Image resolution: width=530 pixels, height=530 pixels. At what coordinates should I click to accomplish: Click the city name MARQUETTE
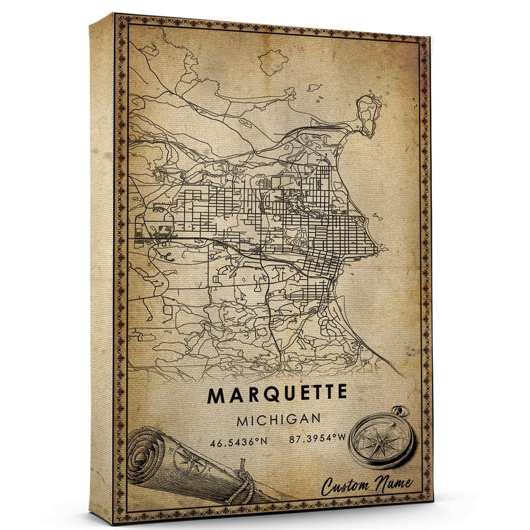pos(277,395)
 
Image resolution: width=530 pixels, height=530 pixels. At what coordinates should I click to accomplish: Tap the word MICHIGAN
pos(278,420)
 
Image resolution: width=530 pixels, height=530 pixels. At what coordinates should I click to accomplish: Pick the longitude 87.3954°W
pos(318,439)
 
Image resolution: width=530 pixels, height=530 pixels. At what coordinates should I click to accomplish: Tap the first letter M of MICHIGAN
pos(242,420)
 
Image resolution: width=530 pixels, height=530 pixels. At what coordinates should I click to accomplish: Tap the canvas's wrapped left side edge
pos(101,265)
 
